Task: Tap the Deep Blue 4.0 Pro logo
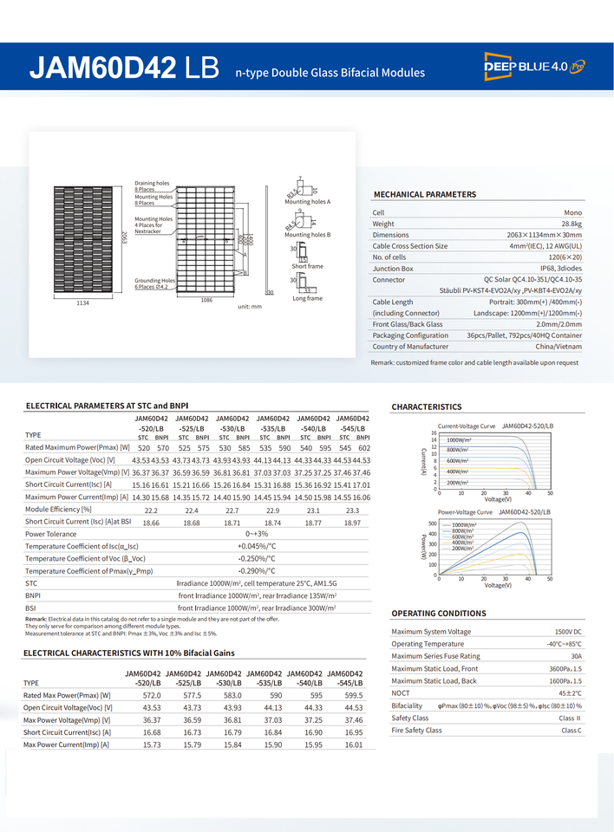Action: point(535,66)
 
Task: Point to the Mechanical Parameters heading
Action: point(424,195)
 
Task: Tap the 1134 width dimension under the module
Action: point(82,303)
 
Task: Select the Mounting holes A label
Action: point(308,201)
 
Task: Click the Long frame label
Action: point(307,299)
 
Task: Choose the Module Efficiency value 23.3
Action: point(352,510)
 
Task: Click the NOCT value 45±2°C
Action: point(570,693)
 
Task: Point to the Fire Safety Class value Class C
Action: point(572,731)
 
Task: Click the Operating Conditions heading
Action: point(439,614)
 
